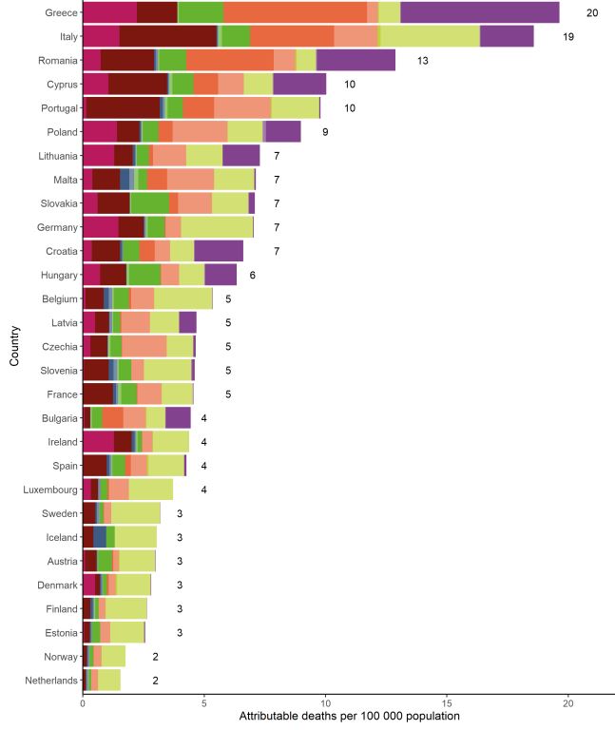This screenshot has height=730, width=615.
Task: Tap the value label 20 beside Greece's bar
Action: [592, 12]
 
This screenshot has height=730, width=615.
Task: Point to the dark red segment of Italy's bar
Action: [168, 36]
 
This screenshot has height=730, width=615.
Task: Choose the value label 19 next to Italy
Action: [567, 36]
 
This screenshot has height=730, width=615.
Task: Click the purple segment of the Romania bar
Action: [356, 60]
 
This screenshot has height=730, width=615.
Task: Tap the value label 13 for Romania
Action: [423, 60]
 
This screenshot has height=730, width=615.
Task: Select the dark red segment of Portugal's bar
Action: [124, 107]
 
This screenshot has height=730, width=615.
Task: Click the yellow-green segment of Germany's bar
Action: [217, 227]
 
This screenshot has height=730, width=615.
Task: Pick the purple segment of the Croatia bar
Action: [219, 251]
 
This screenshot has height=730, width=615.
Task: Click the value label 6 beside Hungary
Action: [253, 275]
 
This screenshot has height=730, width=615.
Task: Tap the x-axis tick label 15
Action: [447, 703]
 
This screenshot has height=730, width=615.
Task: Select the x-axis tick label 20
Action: [567, 703]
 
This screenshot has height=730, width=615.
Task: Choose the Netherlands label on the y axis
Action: [49, 681]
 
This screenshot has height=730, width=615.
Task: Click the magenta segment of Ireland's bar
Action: [99, 442]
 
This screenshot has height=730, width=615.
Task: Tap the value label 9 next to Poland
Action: [325, 131]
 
